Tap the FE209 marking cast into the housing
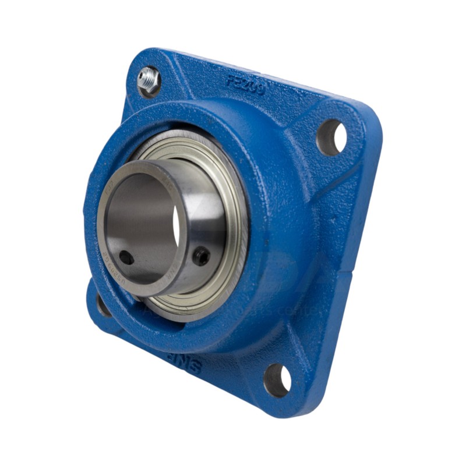tap(245, 84)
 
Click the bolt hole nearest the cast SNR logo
tap(277, 379)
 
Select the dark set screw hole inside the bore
tap(125, 257)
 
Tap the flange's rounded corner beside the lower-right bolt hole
tap(303, 402)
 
